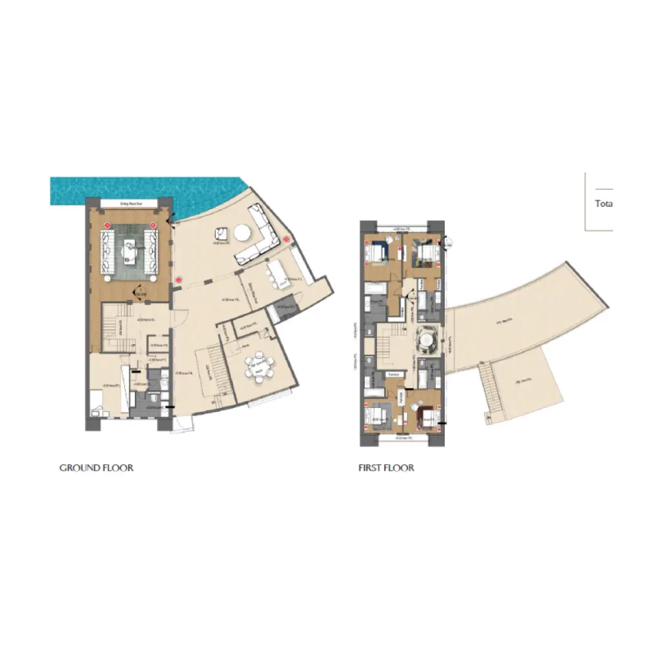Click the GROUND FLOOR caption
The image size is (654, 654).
[96, 468]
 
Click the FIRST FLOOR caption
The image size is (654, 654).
[386, 468]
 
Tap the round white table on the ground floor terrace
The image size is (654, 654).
[243, 232]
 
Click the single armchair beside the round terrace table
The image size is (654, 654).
[221, 234]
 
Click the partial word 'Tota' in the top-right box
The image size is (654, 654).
[603, 203]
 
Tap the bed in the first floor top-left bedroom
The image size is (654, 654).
[375, 252]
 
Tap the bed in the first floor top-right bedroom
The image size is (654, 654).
[426, 252]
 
